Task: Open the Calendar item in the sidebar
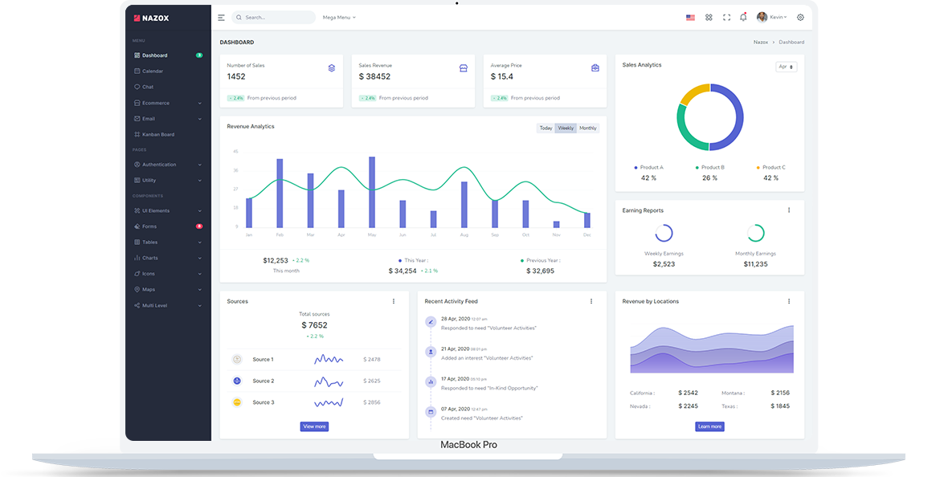coord(153,71)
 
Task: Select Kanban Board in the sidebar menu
coord(158,134)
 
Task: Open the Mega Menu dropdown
coord(339,17)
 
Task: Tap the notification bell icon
coord(743,17)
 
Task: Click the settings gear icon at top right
coord(800,17)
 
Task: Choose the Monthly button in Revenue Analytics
coord(588,128)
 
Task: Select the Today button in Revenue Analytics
coord(546,128)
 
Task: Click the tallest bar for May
coord(372,193)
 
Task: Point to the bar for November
coord(556,224)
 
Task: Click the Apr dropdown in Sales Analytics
coord(786,67)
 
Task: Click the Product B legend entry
coord(710,168)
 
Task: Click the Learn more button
coord(709,426)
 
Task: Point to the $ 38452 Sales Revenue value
coord(374,77)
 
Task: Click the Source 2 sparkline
coord(329,381)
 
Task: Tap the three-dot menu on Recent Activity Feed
coord(591,301)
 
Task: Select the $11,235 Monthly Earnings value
coord(755,264)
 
